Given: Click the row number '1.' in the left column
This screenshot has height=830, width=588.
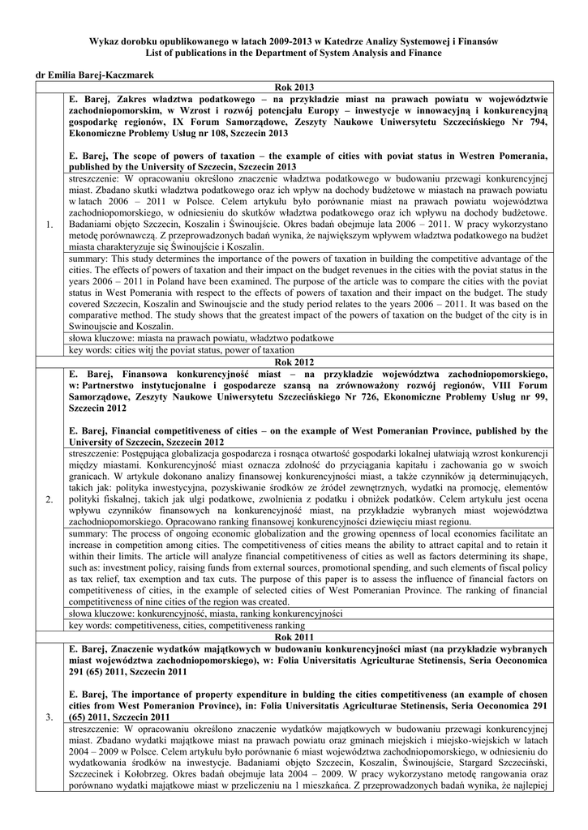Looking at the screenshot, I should point(50,224).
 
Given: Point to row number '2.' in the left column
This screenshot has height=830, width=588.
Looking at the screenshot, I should point(50,498).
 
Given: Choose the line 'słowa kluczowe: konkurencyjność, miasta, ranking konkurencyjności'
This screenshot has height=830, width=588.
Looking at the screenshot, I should point(200,614).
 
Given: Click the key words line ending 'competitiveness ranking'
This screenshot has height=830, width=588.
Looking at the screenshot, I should point(187,626).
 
